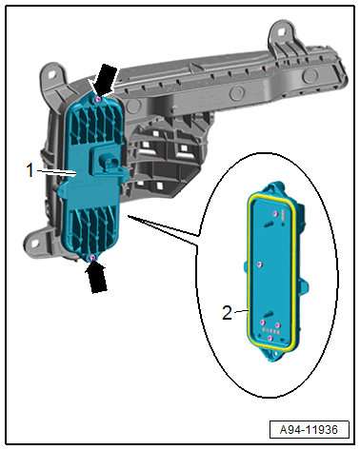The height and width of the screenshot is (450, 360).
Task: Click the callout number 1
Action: (30, 170)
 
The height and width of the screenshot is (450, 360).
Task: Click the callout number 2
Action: (227, 313)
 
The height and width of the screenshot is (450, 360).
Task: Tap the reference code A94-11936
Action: (309, 430)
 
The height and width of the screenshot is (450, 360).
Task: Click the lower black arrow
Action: (97, 277)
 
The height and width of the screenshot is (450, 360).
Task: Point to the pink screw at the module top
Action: (98, 100)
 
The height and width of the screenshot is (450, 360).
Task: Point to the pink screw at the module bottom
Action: (92, 258)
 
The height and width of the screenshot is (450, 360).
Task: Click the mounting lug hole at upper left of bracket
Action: (51, 73)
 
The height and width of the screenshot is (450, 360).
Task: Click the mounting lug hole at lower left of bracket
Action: (34, 244)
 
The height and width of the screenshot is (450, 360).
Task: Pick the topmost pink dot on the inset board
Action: (275, 214)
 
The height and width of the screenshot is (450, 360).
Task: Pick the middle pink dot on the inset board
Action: (260, 264)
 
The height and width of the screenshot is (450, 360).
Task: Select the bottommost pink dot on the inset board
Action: (270, 339)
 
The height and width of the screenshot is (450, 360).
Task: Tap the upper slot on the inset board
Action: (268, 225)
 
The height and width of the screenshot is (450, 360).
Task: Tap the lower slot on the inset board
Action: (269, 314)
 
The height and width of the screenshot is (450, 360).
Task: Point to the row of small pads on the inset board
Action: (271, 331)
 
